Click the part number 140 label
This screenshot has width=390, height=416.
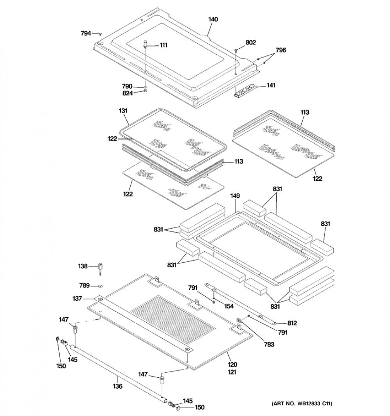point(213,20)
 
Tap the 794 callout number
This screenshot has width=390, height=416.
point(86,34)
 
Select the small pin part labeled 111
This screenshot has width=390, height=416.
point(145,43)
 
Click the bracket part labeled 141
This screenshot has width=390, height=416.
point(245,92)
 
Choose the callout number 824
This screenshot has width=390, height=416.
point(127,93)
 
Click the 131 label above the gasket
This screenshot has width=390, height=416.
point(123,110)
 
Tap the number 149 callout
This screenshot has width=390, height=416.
point(235,196)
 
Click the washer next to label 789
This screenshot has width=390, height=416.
point(100,286)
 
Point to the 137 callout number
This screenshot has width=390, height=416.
point(77,299)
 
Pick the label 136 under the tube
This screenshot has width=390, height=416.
point(117,386)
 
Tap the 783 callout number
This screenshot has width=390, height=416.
point(269,344)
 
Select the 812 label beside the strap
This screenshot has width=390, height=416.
point(292,323)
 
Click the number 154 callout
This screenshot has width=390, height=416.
point(229,306)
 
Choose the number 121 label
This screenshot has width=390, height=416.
point(232,372)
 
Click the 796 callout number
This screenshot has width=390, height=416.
point(281,50)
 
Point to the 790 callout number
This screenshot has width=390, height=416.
point(127,87)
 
